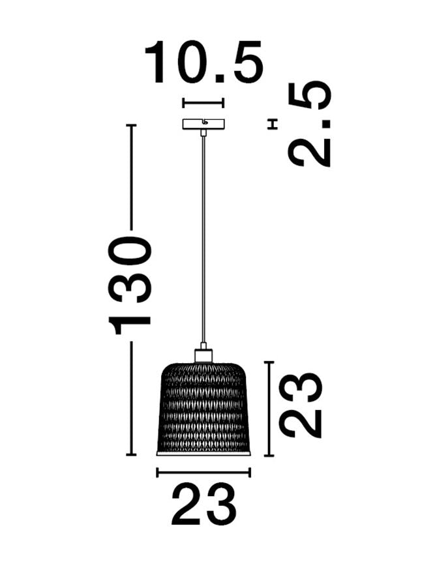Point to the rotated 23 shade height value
(301, 405)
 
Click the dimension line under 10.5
(203, 102)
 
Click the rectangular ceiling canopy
(203, 123)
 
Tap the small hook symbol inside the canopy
(205, 122)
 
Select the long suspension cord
(203, 241)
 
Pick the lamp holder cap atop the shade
(203, 355)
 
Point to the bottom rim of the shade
(203, 452)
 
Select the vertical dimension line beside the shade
(268, 408)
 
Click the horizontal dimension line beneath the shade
(203, 473)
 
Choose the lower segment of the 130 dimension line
(132, 398)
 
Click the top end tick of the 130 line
(132, 125)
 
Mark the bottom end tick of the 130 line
(132, 454)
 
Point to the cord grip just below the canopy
(203, 132)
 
